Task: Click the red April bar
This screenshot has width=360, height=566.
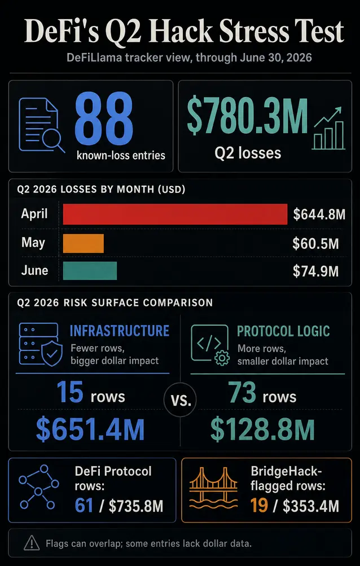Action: pos(175,214)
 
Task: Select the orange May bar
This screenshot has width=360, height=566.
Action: pos(84,243)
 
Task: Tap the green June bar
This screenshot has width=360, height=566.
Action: pos(90,271)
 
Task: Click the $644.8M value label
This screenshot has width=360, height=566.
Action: pos(319,214)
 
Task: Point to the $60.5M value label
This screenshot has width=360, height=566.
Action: pos(315,244)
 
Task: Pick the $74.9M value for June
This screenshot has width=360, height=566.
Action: pos(315,271)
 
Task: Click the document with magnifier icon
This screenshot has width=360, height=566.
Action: pos(42,125)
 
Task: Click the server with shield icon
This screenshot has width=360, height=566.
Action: pos(38,344)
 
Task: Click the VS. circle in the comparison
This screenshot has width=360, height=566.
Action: pos(180,401)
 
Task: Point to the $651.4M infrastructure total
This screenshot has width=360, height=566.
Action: pos(90,429)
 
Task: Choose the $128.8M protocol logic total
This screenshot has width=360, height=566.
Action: pos(262,429)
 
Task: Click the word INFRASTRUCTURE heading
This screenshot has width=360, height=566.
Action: pos(120,331)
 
